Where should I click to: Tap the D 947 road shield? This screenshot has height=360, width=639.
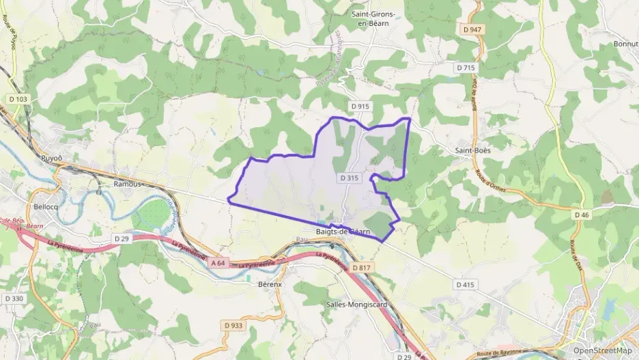(472, 30)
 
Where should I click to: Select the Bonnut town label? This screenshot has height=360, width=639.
(625, 44)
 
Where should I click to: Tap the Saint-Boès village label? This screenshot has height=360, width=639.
(473, 149)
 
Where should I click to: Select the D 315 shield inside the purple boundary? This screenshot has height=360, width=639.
(348, 178)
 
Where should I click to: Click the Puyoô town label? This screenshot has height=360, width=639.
(52, 158)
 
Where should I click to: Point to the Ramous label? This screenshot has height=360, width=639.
(128, 184)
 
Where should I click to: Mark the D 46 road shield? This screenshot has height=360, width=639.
(582, 214)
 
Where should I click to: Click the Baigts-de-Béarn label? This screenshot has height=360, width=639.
(343, 232)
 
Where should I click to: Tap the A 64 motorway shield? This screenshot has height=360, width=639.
(218, 263)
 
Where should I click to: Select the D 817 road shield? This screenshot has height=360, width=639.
(362, 267)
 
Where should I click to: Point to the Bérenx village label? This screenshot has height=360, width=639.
(270, 283)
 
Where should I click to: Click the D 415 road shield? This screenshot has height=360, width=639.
(465, 284)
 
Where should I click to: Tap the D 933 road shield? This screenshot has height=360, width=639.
(233, 325)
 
